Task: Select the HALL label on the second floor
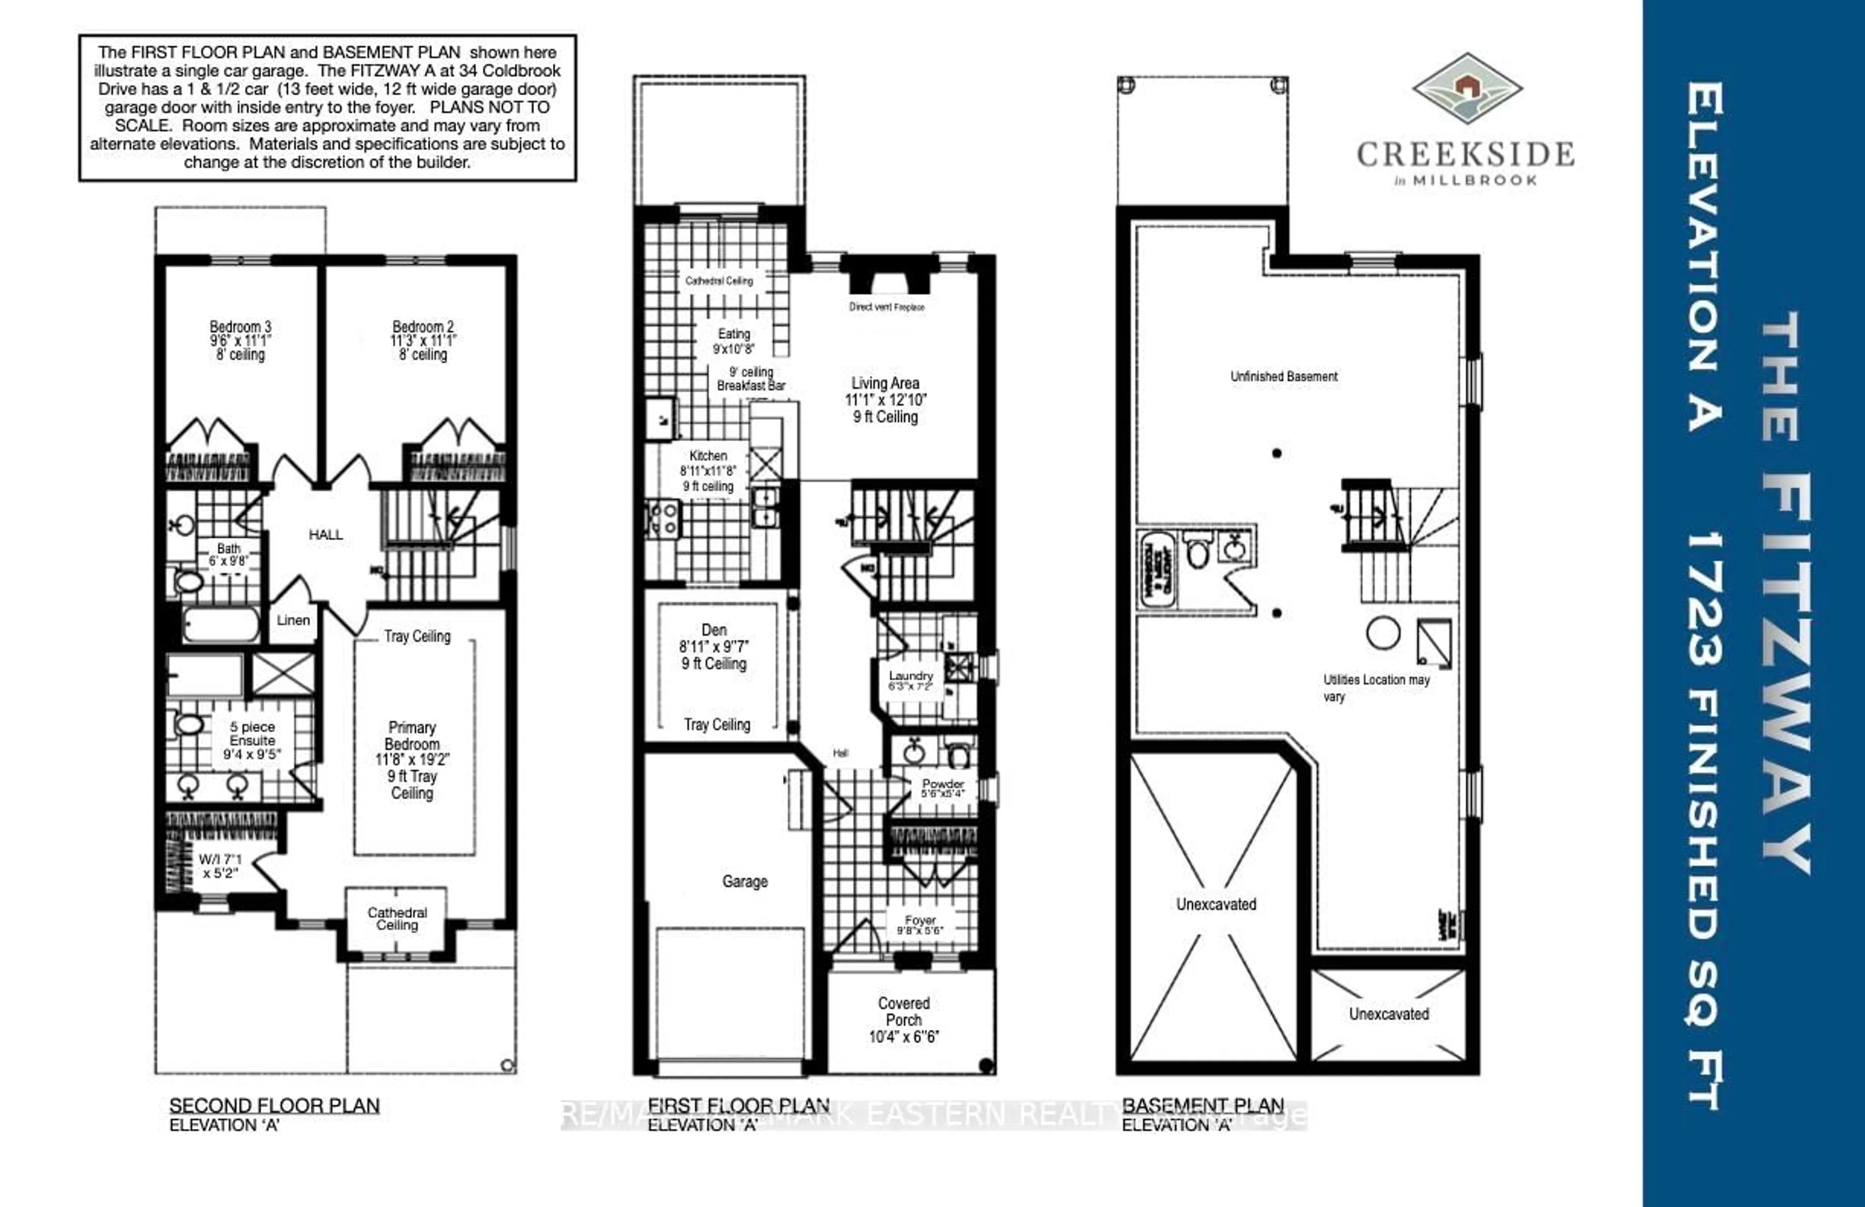pyautogui.click(x=325, y=534)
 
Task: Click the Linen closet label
pyautogui.click(x=293, y=620)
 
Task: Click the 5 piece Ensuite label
pyautogui.click(x=253, y=733)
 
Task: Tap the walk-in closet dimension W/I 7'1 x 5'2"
pyautogui.click(x=220, y=866)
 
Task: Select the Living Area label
pyautogui.click(x=885, y=383)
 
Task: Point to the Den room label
pyautogui.click(x=714, y=630)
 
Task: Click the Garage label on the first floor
pyautogui.click(x=745, y=882)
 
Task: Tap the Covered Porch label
pyautogui.click(x=903, y=1012)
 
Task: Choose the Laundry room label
pyautogui.click(x=911, y=676)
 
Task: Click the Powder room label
pyautogui.click(x=943, y=784)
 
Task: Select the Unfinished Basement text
pyautogui.click(x=1284, y=376)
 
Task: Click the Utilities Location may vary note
pyautogui.click(x=1375, y=687)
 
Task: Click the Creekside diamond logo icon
pyautogui.click(x=1467, y=88)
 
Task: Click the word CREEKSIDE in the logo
pyautogui.click(x=1465, y=153)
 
